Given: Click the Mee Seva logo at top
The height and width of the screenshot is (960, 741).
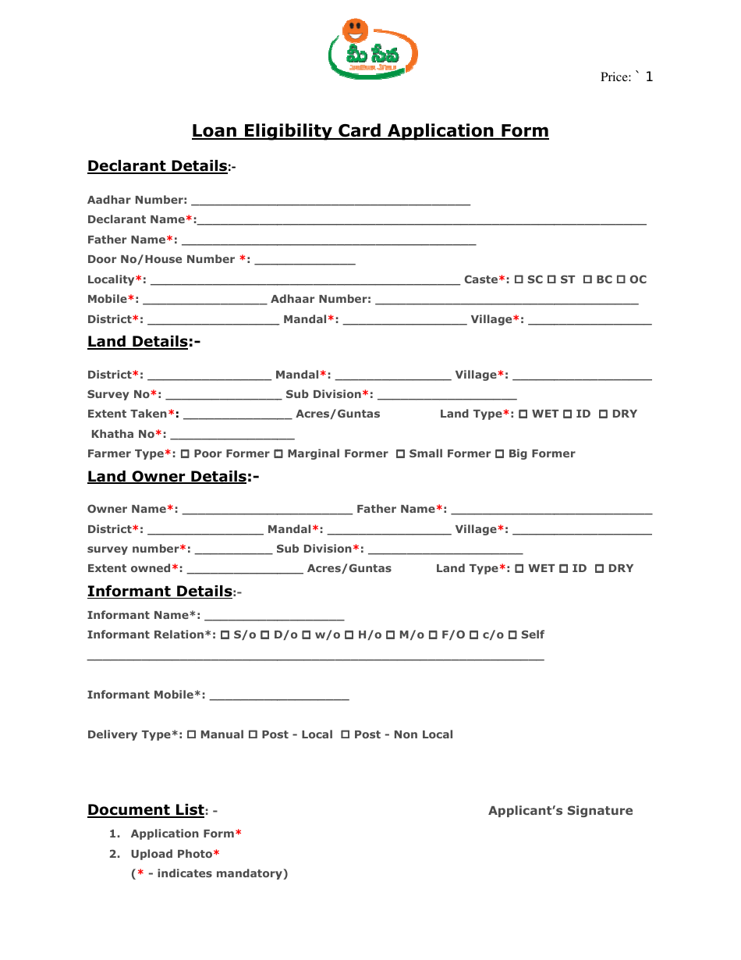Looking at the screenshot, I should (x=373, y=48).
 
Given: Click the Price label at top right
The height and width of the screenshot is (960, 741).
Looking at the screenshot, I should (x=626, y=76).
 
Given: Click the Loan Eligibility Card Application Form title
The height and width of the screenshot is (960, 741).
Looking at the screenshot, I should (x=370, y=131).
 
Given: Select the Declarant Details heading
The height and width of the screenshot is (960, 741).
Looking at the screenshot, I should (x=158, y=166).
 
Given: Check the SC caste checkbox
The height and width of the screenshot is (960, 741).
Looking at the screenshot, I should (x=519, y=280).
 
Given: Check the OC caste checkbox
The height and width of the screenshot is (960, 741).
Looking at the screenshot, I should (x=622, y=280).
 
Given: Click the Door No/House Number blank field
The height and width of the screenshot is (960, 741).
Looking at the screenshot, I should (x=304, y=261).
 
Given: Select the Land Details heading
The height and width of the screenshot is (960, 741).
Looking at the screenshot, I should (x=139, y=342).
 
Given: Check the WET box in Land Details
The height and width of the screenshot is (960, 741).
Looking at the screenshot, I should (x=523, y=414).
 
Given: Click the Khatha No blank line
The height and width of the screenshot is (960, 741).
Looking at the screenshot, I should (x=232, y=436).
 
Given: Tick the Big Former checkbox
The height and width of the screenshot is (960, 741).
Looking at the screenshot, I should (x=500, y=454).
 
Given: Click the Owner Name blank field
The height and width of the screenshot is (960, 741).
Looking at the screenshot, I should (x=267, y=510).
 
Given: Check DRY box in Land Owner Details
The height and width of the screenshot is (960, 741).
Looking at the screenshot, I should (x=600, y=569).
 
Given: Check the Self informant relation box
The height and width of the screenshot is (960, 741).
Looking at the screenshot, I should (x=512, y=635).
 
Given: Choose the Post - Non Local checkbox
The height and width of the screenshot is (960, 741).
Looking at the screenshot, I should (x=346, y=735).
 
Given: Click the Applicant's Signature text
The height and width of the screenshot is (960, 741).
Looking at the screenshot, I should (x=560, y=811).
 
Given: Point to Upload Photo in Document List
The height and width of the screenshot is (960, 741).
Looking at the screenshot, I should (x=171, y=854).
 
